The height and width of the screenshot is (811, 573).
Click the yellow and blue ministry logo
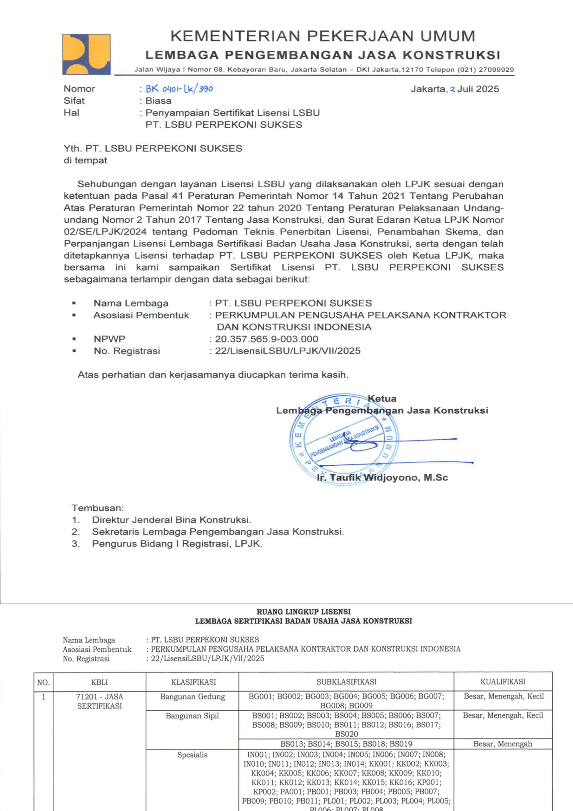(86, 54)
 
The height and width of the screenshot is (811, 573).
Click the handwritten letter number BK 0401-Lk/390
(179, 89)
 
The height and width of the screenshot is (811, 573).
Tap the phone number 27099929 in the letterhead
(496, 70)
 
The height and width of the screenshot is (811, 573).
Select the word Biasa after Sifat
(158, 101)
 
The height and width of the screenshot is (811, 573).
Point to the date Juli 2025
(478, 89)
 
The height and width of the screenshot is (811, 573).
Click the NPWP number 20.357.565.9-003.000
(267, 339)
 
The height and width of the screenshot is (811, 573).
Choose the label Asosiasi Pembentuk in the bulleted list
(141, 315)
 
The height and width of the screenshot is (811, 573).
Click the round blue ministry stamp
(344, 439)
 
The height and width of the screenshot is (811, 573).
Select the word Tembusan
(98, 508)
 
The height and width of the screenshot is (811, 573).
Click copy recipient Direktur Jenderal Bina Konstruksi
(172, 520)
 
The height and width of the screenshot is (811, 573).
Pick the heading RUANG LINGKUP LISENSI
(304, 612)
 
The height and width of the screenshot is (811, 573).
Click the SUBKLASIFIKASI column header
(346, 682)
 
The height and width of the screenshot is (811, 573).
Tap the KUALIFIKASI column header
(503, 681)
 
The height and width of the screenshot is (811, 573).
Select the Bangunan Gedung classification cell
(192, 697)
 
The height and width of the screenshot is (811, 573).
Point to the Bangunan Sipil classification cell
(192, 716)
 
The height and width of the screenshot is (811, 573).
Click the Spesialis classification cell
(192, 755)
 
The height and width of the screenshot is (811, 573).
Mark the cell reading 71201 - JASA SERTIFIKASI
(100, 701)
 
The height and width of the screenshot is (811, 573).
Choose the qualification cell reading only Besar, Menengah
(503, 744)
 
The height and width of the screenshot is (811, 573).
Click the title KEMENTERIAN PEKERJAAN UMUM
(323, 36)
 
